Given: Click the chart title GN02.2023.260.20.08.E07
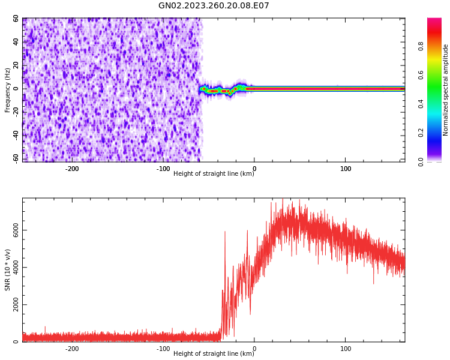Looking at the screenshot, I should point(214,6).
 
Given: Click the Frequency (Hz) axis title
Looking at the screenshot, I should point(8,90).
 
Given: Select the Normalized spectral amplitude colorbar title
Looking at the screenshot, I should point(446,90).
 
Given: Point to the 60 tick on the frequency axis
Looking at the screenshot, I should point(16,19).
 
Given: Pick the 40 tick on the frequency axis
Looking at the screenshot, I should point(16,42).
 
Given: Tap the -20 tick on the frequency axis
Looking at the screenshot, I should point(16,112).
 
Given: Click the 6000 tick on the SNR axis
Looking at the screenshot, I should point(16,230).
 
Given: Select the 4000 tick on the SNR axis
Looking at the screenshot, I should point(16,268).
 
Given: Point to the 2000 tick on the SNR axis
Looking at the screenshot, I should point(16,305).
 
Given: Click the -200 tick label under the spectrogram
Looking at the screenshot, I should point(72,169).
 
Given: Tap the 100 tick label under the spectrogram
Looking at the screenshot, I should point(346,169).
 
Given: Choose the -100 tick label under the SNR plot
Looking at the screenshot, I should point(163,349).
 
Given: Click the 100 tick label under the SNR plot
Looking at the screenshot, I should point(346,349).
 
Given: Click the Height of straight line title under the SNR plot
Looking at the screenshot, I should point(214,354).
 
